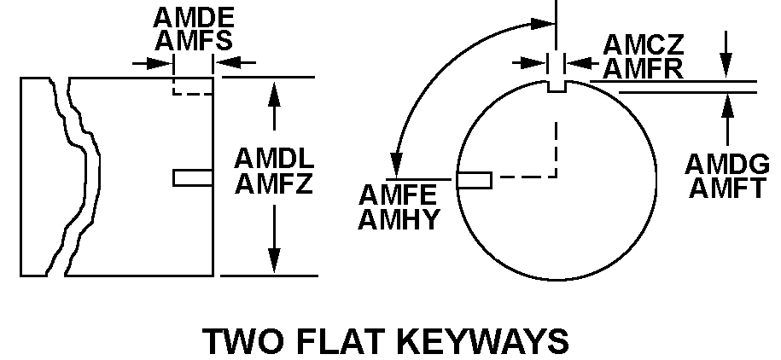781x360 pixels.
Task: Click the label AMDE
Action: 193,17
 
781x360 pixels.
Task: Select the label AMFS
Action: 193,40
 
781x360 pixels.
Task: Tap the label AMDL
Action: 275,160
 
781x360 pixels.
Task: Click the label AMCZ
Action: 643,44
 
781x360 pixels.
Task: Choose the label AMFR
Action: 643,67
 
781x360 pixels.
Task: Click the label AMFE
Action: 399,195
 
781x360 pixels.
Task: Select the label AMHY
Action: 399,219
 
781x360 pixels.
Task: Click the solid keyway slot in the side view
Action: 192,177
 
